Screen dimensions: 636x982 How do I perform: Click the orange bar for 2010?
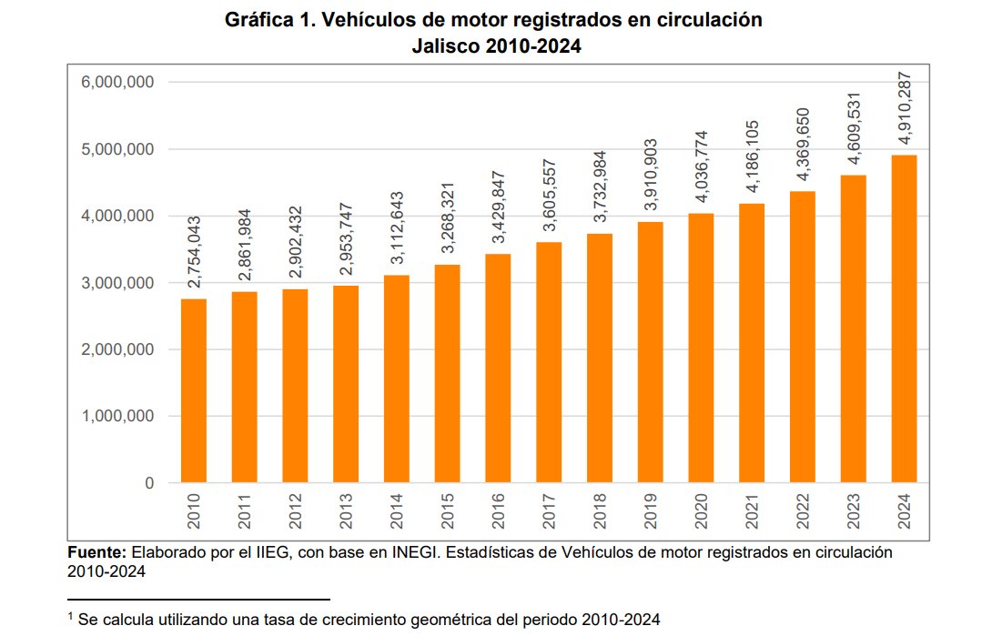(194, 390)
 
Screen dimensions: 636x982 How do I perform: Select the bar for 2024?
(904, 318)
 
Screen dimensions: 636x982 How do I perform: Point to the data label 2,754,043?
(194, 253)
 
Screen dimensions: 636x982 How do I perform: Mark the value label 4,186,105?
(752, 157)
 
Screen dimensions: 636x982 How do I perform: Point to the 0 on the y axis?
(149, 483)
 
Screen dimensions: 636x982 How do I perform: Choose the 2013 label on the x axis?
(346, 513)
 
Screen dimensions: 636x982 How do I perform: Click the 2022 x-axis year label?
(803, 513)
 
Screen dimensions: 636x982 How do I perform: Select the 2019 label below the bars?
(651, 513)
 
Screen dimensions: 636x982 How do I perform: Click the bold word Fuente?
(96, 552)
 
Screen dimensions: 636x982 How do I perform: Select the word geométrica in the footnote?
(455, 619)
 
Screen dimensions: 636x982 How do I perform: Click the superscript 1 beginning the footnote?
(70, 615)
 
